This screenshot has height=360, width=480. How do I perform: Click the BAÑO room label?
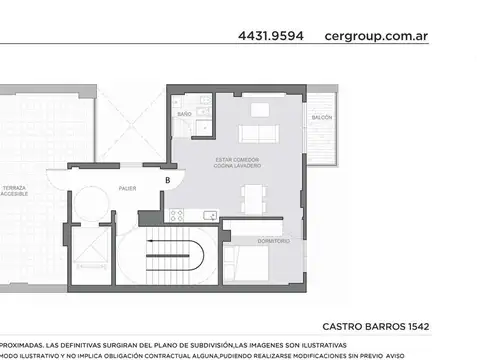click(184, 116)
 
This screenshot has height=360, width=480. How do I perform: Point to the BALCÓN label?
click(322, 117)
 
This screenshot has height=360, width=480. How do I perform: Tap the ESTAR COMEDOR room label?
click(237, 161)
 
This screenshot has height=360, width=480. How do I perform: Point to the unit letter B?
click(168, 180)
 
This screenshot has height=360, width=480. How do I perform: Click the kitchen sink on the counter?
click(209, 215)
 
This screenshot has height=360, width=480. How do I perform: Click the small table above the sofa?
click(259, 109)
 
